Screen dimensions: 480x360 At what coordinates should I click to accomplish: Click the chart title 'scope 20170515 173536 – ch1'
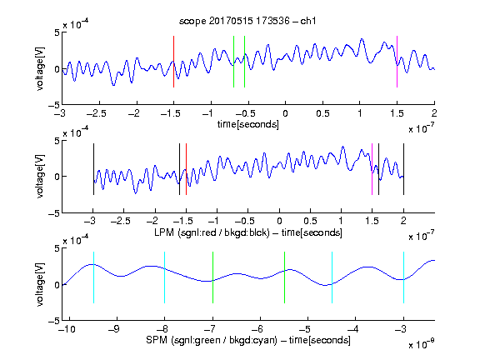[247, 21]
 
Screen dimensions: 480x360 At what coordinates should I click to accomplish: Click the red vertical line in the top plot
[173, 62]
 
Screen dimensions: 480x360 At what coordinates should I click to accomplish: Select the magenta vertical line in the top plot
[397, 62]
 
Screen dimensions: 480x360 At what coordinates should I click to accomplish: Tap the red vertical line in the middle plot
[186, 169]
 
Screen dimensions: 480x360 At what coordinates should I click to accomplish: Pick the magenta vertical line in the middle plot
[372, 169]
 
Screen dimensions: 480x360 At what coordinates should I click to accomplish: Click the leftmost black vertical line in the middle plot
[93, 169]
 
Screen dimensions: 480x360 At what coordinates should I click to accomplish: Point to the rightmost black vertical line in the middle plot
[403, 169]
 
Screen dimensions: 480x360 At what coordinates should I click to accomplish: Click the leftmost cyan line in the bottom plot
[93, 277]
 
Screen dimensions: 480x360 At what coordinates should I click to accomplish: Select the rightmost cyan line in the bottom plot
[403, 277]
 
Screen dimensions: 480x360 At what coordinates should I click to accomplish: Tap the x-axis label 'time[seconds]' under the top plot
[248, 124]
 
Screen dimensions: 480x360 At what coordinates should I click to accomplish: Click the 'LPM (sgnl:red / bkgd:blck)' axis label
[212, 232]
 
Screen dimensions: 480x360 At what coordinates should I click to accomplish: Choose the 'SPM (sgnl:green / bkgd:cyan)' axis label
[212, 340]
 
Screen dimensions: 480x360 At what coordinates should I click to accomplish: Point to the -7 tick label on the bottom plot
[209, 329]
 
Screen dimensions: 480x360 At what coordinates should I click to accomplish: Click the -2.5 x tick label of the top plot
[96, 113]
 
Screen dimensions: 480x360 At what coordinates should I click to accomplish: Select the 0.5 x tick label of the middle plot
[310, 221]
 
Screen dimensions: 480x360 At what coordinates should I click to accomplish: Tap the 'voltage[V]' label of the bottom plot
[40, 284]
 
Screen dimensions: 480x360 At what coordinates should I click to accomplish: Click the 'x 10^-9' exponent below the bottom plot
[422, 344]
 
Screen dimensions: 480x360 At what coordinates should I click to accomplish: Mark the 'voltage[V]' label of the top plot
[40, 68]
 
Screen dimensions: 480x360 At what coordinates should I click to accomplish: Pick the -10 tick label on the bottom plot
[67, 329]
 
